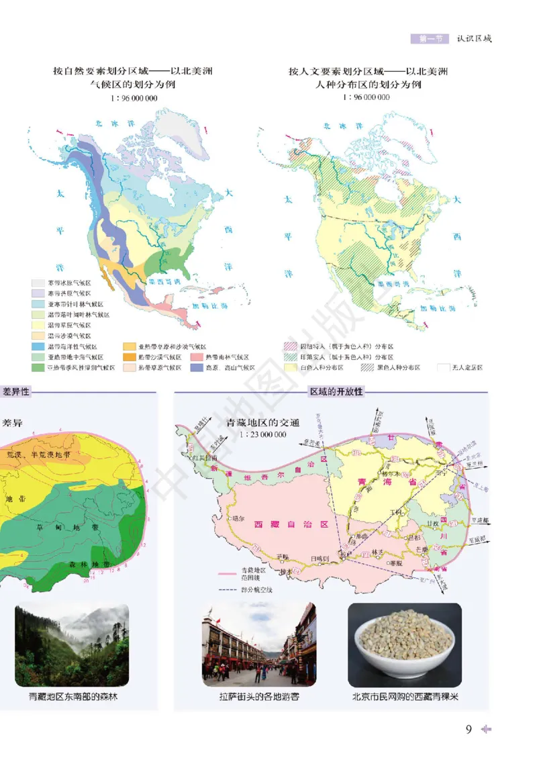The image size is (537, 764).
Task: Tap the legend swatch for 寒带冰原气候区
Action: coord(38,283)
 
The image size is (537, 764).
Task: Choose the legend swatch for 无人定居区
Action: coord(443,367)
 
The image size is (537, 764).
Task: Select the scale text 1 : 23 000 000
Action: coord(262,434)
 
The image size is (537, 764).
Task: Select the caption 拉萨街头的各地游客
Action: coord(258,697)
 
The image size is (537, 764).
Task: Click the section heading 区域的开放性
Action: coord(335,391)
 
